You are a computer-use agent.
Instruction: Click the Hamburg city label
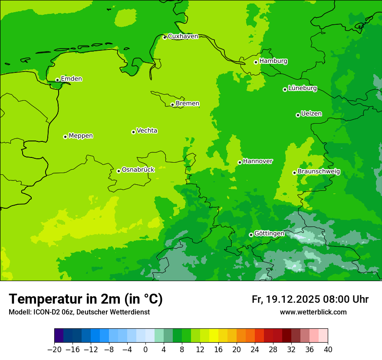click(x=273, y=61)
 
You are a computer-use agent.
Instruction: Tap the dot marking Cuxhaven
click(x=165, y=37)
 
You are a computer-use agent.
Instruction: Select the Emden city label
click(x=71, y=79)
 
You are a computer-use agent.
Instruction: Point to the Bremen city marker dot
click(x=172, y=105)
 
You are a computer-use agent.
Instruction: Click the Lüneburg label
click(x=302, y=88)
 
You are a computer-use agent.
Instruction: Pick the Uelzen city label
click(x=311, y=114)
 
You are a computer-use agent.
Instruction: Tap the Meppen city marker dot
click(x=65, y=137)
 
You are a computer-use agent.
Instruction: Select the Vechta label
click(x=147, y=131)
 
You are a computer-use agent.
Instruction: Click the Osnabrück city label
click(x=138, y=170)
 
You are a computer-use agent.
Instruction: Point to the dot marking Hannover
click(x=240, y=162)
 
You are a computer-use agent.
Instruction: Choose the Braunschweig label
click(x=319, y=172)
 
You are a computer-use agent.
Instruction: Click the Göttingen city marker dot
click(x=251, y=235)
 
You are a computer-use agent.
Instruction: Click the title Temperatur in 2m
click(x=86, y=299)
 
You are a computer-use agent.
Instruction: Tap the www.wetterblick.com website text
click(x=313, y=312)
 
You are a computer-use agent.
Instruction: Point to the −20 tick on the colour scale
click(x=54, y=350)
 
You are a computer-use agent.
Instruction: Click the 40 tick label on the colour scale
click(x=328, y=350)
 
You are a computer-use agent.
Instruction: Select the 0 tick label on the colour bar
click(x=145, y=350)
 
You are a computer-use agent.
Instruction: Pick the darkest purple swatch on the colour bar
click(x=59, y=336)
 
